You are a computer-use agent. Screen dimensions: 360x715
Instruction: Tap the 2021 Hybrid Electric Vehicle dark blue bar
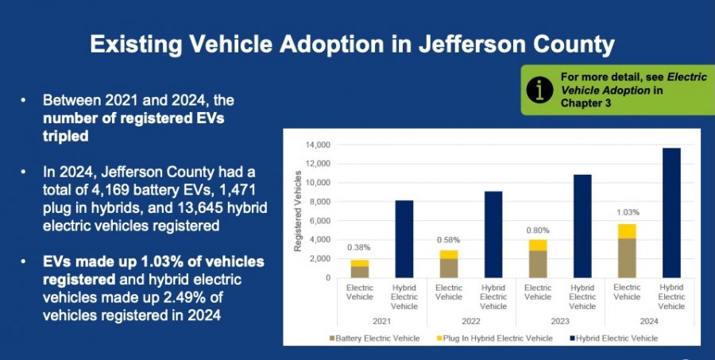pos(404,238)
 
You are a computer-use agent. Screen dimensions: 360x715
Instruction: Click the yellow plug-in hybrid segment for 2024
pos(628,231)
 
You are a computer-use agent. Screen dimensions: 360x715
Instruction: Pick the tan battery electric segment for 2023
pos(538,264)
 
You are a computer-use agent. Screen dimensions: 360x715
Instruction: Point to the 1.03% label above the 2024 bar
pos(628,213)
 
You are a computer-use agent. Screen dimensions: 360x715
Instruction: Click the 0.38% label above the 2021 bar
pos(360,247)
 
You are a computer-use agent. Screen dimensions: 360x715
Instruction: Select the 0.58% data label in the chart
pos(449,240)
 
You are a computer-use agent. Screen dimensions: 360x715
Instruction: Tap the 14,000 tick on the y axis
pos(320,145)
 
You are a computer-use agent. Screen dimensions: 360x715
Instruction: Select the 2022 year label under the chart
pos(471,322)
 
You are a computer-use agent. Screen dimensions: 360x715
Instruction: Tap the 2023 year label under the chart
pos(560,322)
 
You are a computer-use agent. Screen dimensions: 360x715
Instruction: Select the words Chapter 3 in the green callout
pos(586,103)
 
